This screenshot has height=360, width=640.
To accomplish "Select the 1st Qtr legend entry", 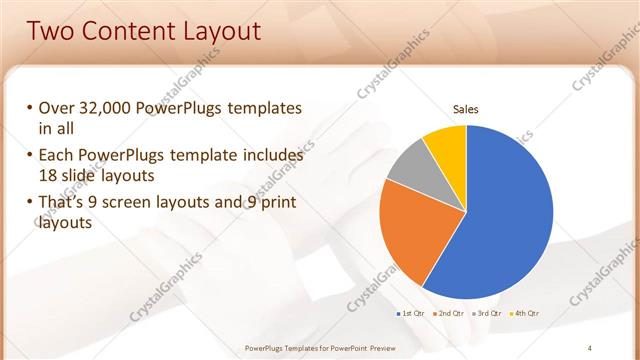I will coord(413,314).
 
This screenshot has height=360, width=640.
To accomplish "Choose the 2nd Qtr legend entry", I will coord(450,314).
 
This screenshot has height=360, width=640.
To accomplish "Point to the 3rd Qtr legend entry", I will coord(487,314).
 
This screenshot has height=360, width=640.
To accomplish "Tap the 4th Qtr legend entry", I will coord(526,314).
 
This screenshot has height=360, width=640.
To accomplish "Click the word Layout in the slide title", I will coord(216,30).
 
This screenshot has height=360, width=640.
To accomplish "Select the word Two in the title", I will coord(51,30).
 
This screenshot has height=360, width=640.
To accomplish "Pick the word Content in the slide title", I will coord(123,30).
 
